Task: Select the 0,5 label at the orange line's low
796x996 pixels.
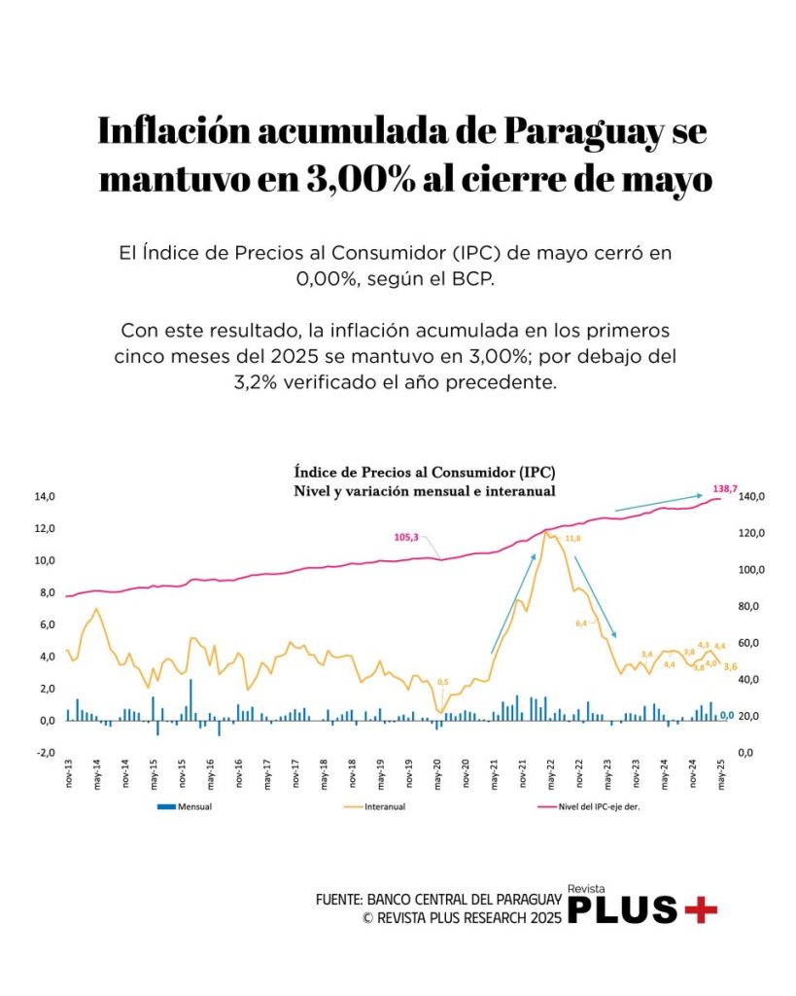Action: (x=443, y=682)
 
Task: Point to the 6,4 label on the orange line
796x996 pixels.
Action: (x=581, y=622)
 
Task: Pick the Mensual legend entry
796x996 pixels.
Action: (x=194, y=807)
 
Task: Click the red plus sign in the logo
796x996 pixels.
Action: (x=701, y=910)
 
